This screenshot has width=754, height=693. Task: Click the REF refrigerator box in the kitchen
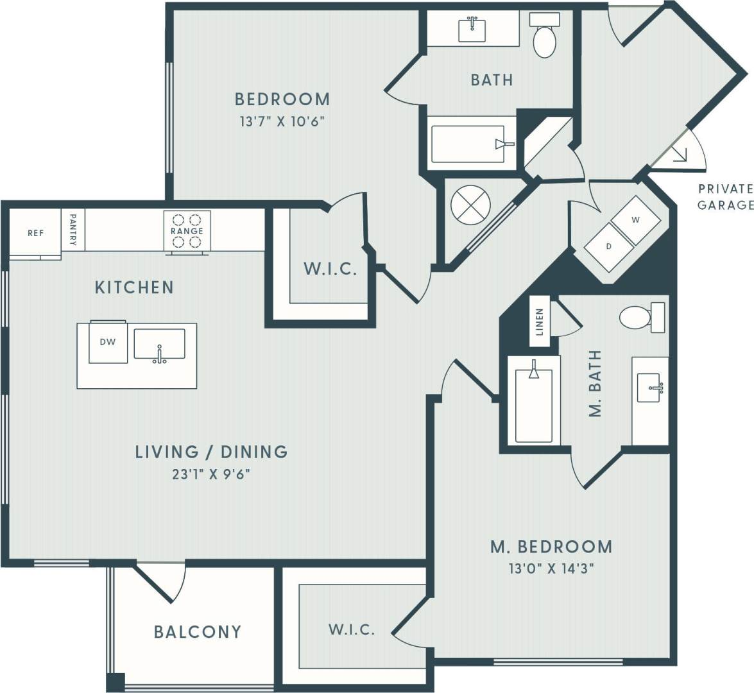35,233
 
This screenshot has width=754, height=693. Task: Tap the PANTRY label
73,230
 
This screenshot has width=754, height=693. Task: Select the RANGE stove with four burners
187,231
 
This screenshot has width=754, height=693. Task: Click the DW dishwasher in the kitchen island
108,343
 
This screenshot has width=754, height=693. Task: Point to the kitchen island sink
159,345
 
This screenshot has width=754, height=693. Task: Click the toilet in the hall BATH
544,37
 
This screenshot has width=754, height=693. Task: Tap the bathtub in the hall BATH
472,144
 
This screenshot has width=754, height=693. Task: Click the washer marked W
635,220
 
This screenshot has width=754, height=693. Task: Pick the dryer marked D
608,246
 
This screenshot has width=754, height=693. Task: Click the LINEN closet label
540,322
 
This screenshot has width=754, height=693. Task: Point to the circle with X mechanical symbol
470,206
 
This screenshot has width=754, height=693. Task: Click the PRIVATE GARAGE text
725,197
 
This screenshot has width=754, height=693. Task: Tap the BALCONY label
198,632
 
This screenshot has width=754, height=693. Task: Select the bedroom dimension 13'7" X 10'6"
282,121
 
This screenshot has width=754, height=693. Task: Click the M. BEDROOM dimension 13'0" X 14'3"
551,569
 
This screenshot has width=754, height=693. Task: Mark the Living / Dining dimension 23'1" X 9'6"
210,475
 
